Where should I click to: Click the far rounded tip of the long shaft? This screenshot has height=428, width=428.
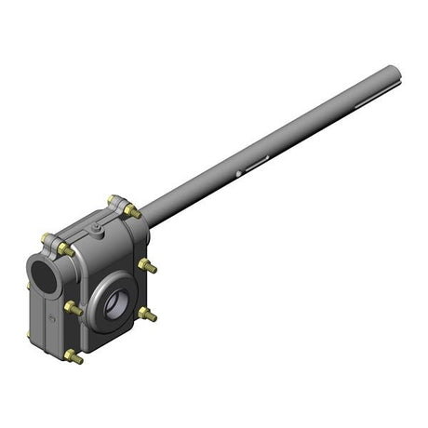coord(395,72)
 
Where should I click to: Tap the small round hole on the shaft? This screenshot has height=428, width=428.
coord(240,172)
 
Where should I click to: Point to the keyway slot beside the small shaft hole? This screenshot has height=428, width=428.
coord(256,163)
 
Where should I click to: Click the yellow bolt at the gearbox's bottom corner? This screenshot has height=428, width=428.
coord(73,356)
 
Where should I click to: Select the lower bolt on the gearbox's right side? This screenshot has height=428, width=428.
coord(146,314)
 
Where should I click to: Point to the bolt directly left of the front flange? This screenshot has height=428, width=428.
coord(72,307)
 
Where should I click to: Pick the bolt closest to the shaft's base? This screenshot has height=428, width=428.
coord(133,211)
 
